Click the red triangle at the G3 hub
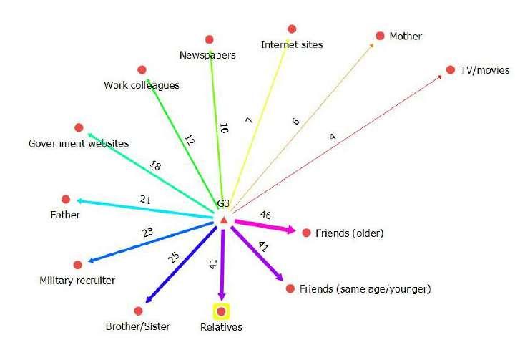tap(223, 220)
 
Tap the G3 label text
tap(223, 205)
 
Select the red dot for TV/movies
tap(451, 69)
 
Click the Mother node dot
tap(380, 36)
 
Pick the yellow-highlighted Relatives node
tap(222, 311)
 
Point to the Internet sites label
tap(292, 44)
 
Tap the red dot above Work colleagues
tap(142, 70)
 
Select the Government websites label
tap(79, 143)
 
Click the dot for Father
tap(66, 199)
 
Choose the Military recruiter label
tap(77, 281)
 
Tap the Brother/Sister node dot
tap(138, 311)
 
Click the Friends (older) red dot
tap(307, 233)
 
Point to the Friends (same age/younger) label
tap(365, 289)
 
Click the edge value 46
tap(265, 214)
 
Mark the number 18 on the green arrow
tap(155, 165)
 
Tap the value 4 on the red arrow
tap(332, 136)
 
